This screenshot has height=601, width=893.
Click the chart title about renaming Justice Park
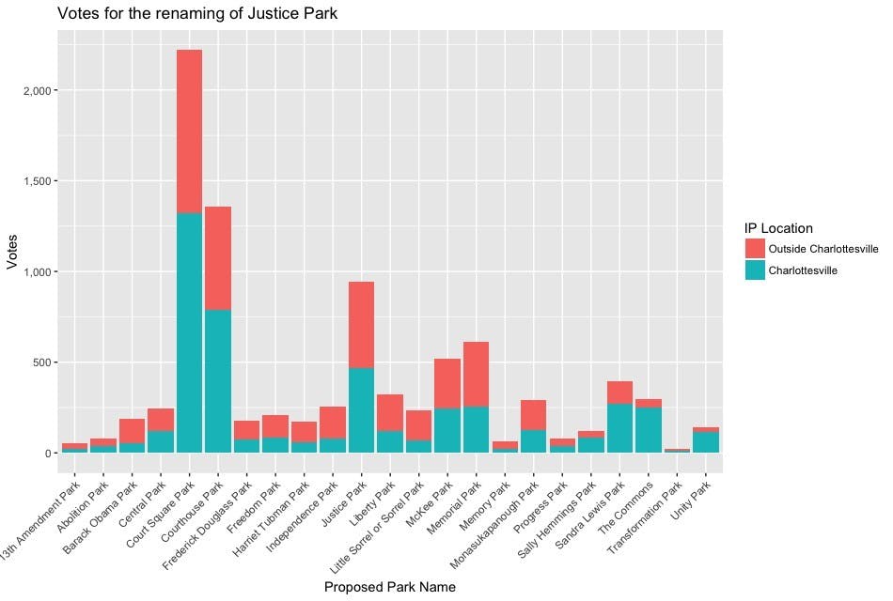pyautogui.click(x=197, y=14)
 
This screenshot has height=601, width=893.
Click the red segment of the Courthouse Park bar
pyautogui.click(x=218, y=258)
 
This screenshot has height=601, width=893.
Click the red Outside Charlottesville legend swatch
pyautogui.click(x=754, y=249)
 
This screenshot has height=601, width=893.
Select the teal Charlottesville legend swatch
pyautogui.click(x=754, y=270)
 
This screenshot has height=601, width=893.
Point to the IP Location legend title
pyautogui.click(x=778, y=228)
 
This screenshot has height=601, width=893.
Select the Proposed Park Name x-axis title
pyautogui.click(x=389, y=588)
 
